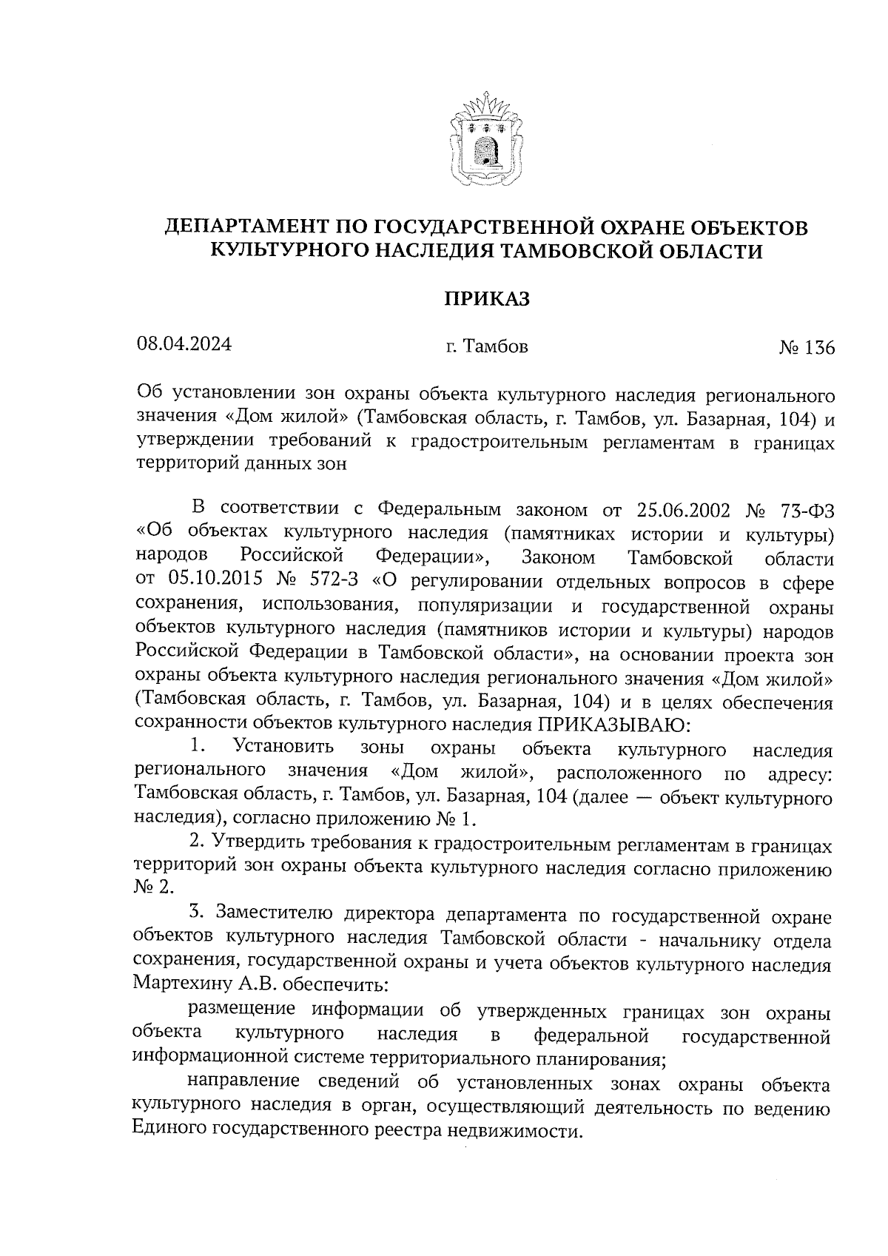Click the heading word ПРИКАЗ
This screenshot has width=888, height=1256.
coord(488,299)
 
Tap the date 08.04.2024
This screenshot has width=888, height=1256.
coord(184,344)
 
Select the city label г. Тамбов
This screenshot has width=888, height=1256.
coord(487,346)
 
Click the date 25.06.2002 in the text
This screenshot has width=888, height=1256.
coord(682,510)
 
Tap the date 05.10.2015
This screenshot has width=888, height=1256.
coord(207,582)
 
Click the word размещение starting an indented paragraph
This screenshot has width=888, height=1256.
coord(243,1010)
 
